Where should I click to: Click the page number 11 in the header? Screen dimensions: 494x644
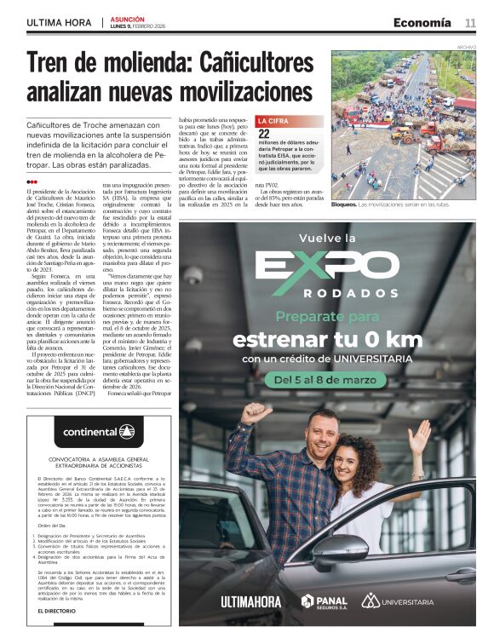[470, 23]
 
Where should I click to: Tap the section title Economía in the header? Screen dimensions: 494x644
[422, 23]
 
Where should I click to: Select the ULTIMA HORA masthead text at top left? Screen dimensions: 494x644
[60, 22]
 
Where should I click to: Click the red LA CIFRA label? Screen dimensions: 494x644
[274, 122]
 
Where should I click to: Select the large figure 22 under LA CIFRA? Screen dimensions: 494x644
[265, 134]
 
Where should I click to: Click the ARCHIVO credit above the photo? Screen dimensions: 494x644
[467, 47]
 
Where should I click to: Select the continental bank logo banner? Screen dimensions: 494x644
[98, 432]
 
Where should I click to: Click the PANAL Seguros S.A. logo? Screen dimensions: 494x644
[325, 601]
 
